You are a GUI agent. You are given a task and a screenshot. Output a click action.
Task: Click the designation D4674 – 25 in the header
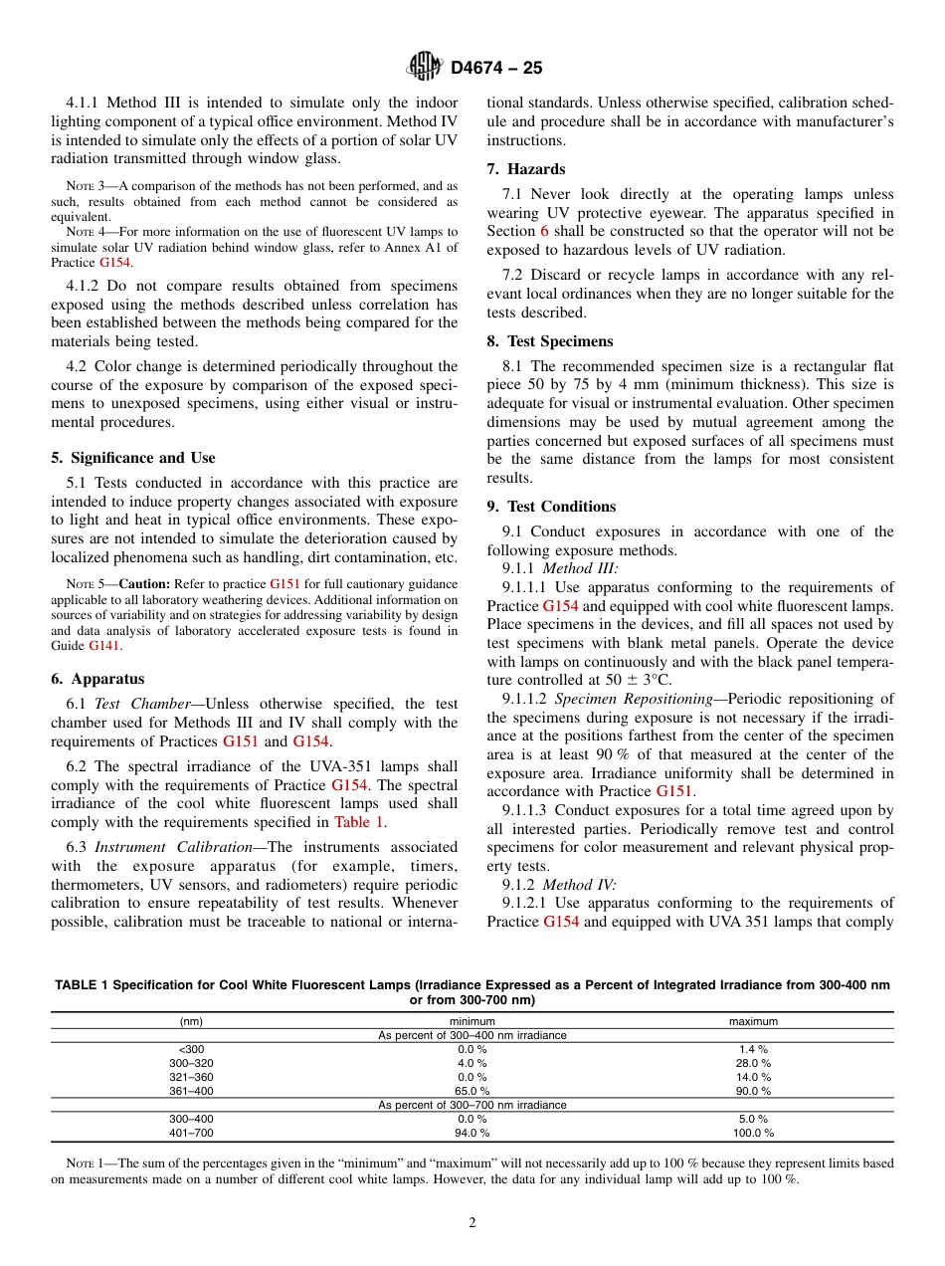[x=496, y=69]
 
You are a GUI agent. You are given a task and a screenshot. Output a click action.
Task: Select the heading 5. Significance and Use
[x=132, y=458]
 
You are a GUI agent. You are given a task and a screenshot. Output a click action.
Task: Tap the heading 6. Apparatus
[x=97, y=679]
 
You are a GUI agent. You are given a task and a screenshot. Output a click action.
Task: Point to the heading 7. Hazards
[x=526, y=169]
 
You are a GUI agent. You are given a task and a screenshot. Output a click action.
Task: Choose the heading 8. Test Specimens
[x=550, y=341]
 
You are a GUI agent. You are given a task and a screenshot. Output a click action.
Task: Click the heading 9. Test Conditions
[x=551, y=507]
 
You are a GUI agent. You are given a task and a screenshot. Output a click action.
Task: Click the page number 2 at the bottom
[x=472, y=1223]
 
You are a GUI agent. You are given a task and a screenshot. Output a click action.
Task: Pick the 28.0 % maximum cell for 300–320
[x=752, y=1063]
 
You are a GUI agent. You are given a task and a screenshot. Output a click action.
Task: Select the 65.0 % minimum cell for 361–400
[x=472, y=1091]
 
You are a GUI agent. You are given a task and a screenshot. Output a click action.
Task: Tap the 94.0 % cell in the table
[x=472, y=1133]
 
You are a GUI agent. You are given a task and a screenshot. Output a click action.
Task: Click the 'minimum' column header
[x=472, y=1021]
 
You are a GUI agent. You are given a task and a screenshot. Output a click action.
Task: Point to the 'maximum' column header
[x=753, y=1021]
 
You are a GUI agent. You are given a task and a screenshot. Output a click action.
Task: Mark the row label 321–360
[x=191, y=1077]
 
